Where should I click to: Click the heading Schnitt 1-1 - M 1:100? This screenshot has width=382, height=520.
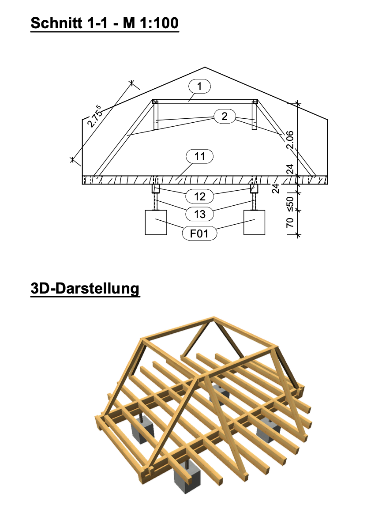tap(105, 23)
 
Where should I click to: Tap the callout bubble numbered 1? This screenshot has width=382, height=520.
tap(199, 86)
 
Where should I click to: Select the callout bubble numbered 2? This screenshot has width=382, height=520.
tap(225, 116)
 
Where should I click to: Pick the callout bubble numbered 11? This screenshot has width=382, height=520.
tap(199, 156)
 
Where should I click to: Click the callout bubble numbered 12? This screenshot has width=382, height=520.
tap(199, 196)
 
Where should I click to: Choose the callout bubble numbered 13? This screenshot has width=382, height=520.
tap(199, 214)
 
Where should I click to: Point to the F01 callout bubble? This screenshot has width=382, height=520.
tap(199, 234)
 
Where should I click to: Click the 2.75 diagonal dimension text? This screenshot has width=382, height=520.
tap(94, 116)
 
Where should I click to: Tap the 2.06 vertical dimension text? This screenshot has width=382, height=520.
tap(290, 139)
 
